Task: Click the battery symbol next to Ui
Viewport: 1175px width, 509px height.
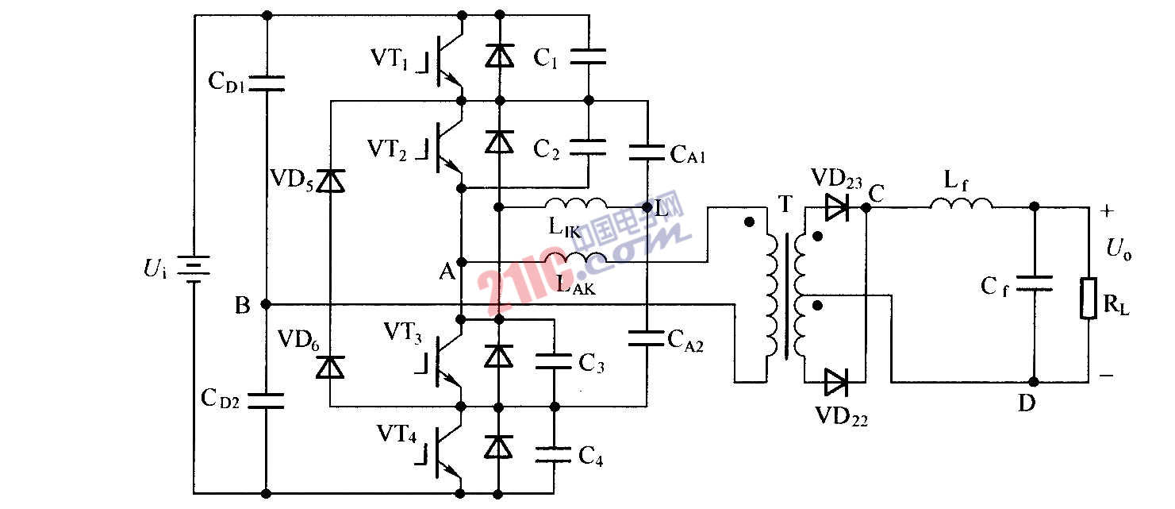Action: point(194,268)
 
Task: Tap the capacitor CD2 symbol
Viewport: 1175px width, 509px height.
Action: point(266,400)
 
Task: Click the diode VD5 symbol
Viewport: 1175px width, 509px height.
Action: point(330,182)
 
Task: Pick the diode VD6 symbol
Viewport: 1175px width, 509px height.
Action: point(330,367)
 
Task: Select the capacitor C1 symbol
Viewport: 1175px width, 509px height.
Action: point(589,56)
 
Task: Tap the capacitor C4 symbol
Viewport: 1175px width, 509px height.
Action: point(553,454)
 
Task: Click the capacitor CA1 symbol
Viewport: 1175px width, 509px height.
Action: point(648,152)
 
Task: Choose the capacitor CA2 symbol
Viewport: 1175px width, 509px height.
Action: point(648,338)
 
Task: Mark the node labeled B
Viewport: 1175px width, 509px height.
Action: point(266,304)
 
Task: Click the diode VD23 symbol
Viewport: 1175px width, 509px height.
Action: point(836,208)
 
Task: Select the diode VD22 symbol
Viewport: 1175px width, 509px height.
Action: point(836,383)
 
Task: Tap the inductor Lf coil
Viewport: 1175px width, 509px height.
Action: point(962,205)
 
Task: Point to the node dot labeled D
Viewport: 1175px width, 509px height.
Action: point(1033,382)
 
